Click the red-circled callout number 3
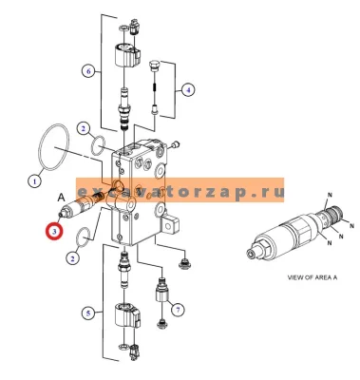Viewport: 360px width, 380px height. [x=54, y=231]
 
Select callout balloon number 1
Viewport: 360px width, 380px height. [x=34, y=181]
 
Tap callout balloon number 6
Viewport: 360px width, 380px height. [x=89, y=71]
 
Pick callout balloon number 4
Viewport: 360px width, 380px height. [x=187, y=90]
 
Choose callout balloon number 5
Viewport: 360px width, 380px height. [x=88, y=313]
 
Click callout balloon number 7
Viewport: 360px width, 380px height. [x=178, y=310]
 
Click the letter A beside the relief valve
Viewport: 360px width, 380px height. [x=61, y=198]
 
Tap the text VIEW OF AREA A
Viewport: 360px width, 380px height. [x=312, y=277]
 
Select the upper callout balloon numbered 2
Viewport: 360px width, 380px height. [x=83, y=128]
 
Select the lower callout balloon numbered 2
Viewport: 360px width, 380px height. [x=73, y=258]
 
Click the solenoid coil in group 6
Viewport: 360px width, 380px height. [x=124, y=56]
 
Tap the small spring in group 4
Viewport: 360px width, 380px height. [x=155, y=86]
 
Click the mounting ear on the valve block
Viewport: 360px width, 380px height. [x=170, y=223]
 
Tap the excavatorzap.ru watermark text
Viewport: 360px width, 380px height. [x=180, y=192]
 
